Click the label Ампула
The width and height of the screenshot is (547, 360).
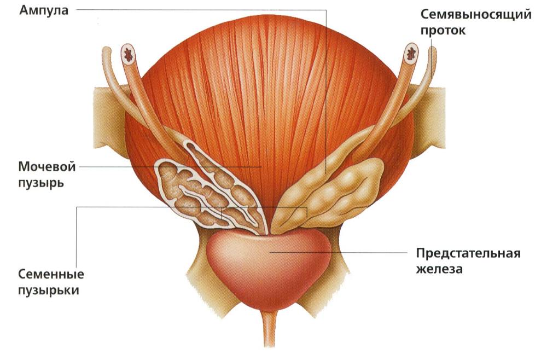point(44,10)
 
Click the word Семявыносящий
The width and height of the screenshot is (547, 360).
point(476,15)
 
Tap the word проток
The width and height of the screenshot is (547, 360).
point(443,30)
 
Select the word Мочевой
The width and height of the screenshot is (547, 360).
point(46,166)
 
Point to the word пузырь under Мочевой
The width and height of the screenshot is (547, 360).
point(41,183)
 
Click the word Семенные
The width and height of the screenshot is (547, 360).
point(51,274)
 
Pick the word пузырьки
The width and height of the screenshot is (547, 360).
point(49,291)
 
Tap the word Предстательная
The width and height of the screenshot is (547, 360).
point(468,253)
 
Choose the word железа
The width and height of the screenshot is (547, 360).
point(439,269)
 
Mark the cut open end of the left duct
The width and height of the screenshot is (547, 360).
point(130,54)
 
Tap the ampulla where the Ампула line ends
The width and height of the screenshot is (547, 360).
point(326,173)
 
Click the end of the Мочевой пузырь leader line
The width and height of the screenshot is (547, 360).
point(261,167)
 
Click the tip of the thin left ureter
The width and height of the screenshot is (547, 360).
point(106,50)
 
